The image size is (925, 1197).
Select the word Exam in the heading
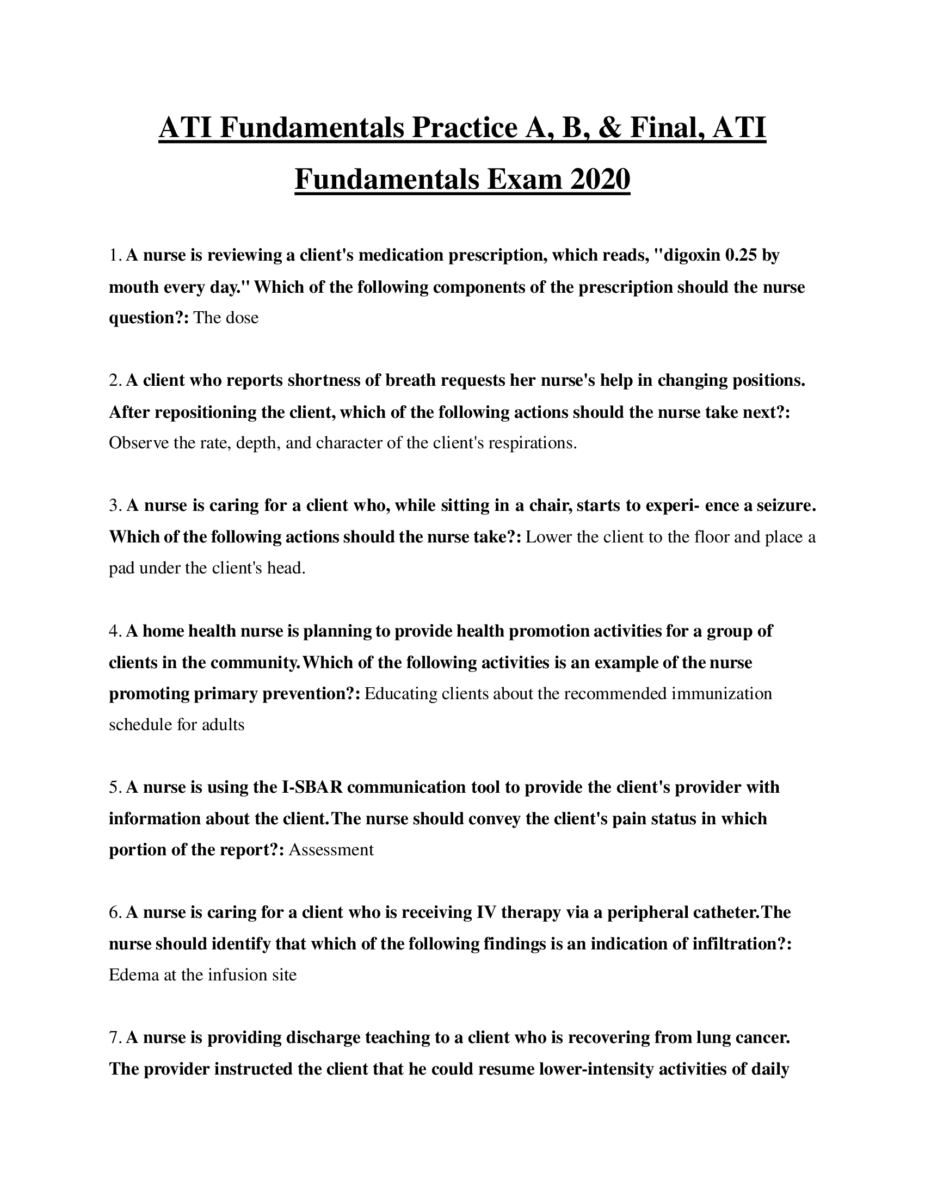click(525, 180)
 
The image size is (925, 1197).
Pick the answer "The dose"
click(226, 318)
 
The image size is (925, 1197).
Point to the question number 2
click(114, 380)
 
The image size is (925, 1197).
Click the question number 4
click(114, 631)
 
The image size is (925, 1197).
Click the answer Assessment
click(331, 849)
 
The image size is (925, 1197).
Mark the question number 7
click(114, 1038)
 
